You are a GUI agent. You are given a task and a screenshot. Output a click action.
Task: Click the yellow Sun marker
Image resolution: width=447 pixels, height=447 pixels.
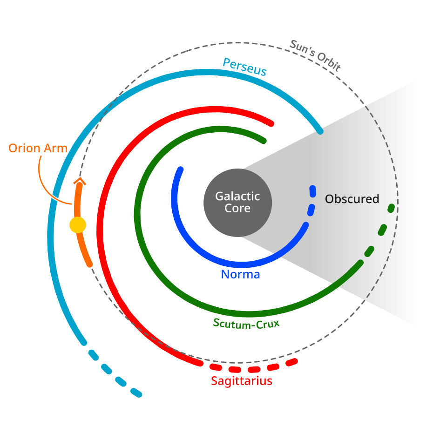78,225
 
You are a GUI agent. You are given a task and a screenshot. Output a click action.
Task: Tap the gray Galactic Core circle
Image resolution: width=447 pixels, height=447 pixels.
237,202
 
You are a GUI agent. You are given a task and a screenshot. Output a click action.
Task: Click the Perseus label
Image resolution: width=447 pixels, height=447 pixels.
244,67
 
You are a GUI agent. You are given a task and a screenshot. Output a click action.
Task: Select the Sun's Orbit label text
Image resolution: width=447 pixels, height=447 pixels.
315,55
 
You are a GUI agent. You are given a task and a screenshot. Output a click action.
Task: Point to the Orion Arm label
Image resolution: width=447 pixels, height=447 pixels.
38,149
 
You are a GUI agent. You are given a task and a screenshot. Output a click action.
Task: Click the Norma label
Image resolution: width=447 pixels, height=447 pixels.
240,274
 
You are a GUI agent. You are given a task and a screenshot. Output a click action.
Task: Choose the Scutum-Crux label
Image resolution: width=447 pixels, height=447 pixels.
246,323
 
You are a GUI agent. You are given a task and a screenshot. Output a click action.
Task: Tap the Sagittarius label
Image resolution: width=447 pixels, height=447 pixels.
241,381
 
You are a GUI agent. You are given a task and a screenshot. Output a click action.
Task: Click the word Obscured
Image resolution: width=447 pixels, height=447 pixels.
352,199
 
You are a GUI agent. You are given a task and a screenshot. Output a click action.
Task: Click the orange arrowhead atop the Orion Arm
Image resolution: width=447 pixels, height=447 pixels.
80,181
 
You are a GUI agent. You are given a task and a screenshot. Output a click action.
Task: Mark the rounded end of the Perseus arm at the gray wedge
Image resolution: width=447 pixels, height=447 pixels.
320,132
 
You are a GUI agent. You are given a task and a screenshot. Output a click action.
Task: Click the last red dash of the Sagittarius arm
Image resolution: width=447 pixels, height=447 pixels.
291,362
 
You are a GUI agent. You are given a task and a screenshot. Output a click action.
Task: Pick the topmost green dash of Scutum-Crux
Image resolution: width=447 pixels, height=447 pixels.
391,208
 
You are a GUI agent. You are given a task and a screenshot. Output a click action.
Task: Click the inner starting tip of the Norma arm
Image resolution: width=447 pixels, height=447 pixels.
181,169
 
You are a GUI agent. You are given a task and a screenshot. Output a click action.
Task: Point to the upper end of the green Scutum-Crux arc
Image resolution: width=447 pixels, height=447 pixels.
264,140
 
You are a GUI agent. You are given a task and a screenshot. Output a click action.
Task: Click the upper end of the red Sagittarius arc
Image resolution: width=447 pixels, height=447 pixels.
271,123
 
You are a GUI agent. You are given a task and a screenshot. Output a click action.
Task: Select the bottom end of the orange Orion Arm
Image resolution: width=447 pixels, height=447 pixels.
89,264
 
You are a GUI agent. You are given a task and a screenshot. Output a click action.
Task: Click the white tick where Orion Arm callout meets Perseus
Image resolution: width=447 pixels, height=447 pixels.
55,197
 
